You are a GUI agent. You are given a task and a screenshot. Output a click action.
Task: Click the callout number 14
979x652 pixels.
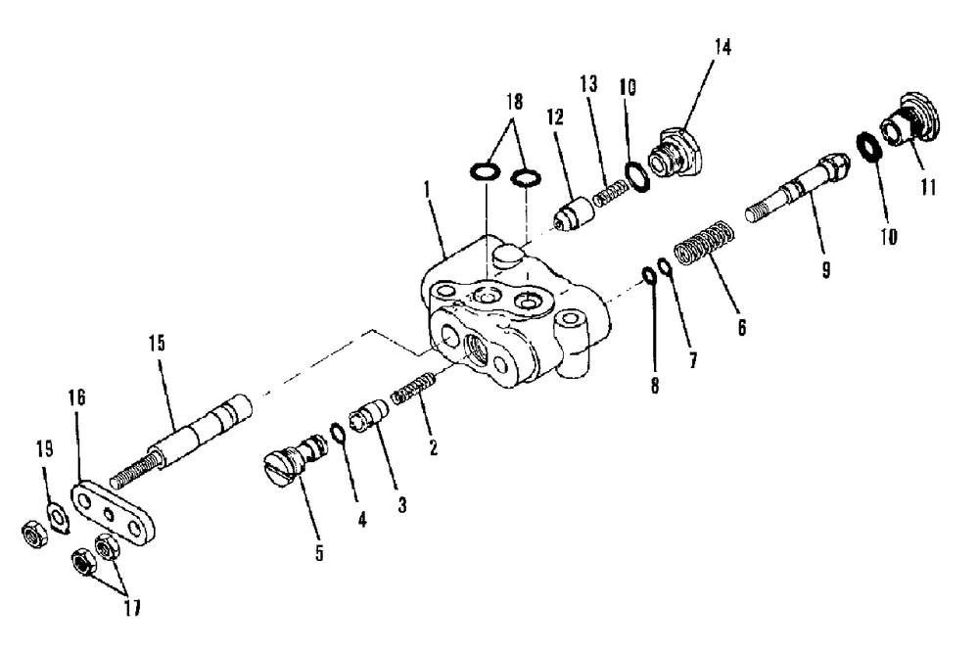tap(723, 47)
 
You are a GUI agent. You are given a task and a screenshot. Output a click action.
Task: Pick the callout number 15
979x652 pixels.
tap(160, 345)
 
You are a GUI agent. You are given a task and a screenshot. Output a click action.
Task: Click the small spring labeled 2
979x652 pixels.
tap(413, 393)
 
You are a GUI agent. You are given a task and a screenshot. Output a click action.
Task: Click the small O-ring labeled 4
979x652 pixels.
tap(336, 433)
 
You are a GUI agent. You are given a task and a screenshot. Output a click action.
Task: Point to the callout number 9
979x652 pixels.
tap(825, 268)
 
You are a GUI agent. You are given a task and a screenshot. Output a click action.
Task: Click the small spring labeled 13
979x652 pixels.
tap(611, 185)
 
